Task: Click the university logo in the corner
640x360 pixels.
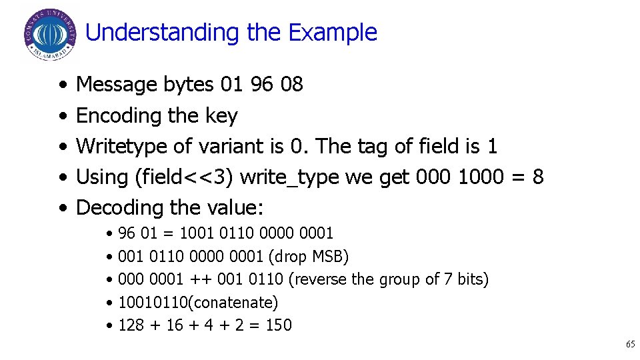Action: click(x=49, y=34)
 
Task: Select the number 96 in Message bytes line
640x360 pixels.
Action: click(x=261, y=85)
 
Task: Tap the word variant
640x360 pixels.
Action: click(x=220, y=146)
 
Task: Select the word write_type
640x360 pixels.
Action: click(x=287, y=177)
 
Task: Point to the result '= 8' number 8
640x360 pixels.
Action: click(x=537, y=177)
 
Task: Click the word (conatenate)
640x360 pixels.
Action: click(x=233, y=303)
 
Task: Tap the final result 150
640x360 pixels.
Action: click(x=279, y=325)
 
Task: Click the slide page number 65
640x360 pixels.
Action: click(x=630, y=345)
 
